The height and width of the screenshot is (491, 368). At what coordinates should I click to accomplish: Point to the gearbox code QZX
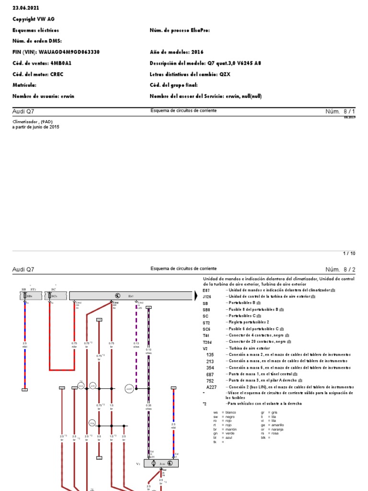(225, 74)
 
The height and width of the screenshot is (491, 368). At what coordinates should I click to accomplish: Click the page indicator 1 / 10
(349, 253)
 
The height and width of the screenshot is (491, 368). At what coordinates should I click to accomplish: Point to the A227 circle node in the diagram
(129, 389)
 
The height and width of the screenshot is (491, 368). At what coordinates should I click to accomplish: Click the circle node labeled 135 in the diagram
(93, 386)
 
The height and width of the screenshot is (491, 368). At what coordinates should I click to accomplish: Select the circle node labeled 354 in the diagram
(92, 422)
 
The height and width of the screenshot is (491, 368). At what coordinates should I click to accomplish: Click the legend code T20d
(207, 341)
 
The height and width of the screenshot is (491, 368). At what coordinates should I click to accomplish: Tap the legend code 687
(209, 374)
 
